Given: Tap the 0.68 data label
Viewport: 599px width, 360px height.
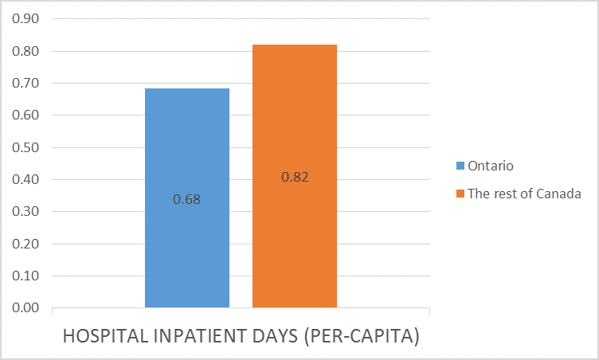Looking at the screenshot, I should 187,199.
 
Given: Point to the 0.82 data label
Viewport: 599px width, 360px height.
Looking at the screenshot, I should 295,177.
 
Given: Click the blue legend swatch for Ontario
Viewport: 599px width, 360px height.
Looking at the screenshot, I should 460,166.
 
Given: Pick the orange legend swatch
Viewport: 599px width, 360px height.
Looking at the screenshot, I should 460,194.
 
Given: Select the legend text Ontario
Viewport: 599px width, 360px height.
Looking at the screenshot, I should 491,166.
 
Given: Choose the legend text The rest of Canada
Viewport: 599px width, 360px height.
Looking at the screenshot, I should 524,194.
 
